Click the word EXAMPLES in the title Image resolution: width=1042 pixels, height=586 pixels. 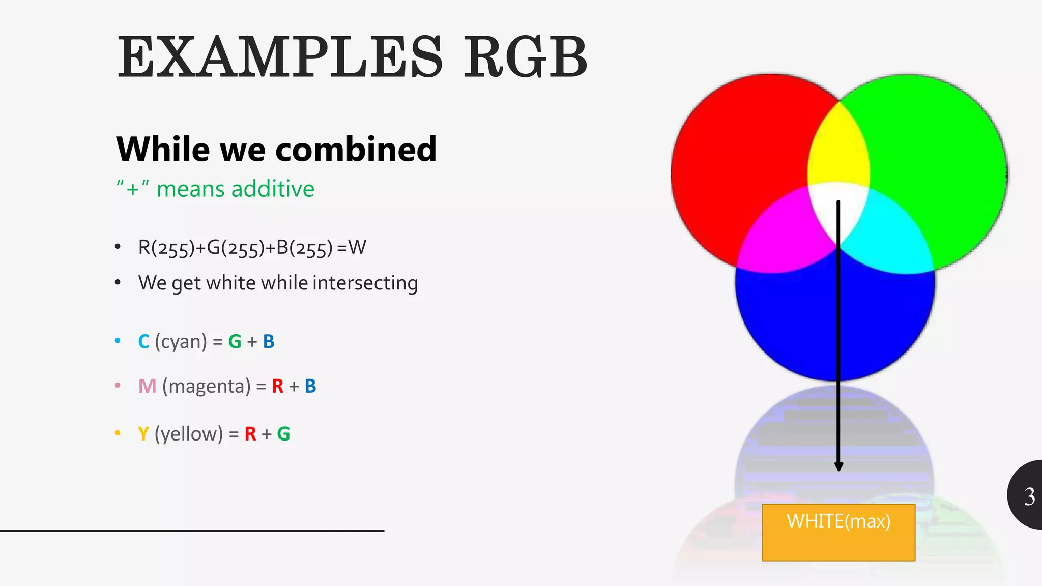pyautogui.click(x=280, y=57)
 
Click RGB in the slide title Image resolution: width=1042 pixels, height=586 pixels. pyautogui.click(x=525, y=57)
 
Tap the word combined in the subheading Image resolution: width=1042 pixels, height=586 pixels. pyautogui.click(x=356, y=150)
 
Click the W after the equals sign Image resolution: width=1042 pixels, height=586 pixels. pyautogui.click(x=357, y=248)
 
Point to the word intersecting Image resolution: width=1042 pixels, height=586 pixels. pyautogui.click(x=365, y=283)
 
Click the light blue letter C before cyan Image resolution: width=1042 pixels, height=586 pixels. pyautogui.click(x=143, y=342)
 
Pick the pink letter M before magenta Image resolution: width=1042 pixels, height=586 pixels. pyautogui.click(x=147, y=387)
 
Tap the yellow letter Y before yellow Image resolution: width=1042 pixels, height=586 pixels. pyautogui.click(x=143, y=434)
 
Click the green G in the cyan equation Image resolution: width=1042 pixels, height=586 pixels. pyautogui.click(x=235, y=342)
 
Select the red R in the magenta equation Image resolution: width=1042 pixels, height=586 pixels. pyautogui.click(x=277, y=387)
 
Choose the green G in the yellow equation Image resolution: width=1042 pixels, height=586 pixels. pyautogui.click(x=283, y=434)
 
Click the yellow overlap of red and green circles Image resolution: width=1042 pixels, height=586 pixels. pyautogui.click(x=838, y=148)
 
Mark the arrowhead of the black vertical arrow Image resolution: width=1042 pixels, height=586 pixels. pyautogui.click(x=838, y=466)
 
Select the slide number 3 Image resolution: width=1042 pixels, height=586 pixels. pyautogui.click(x=1029, y=496)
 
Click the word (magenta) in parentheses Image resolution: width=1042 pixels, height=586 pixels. pyautogui.click(x=206, y=387)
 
